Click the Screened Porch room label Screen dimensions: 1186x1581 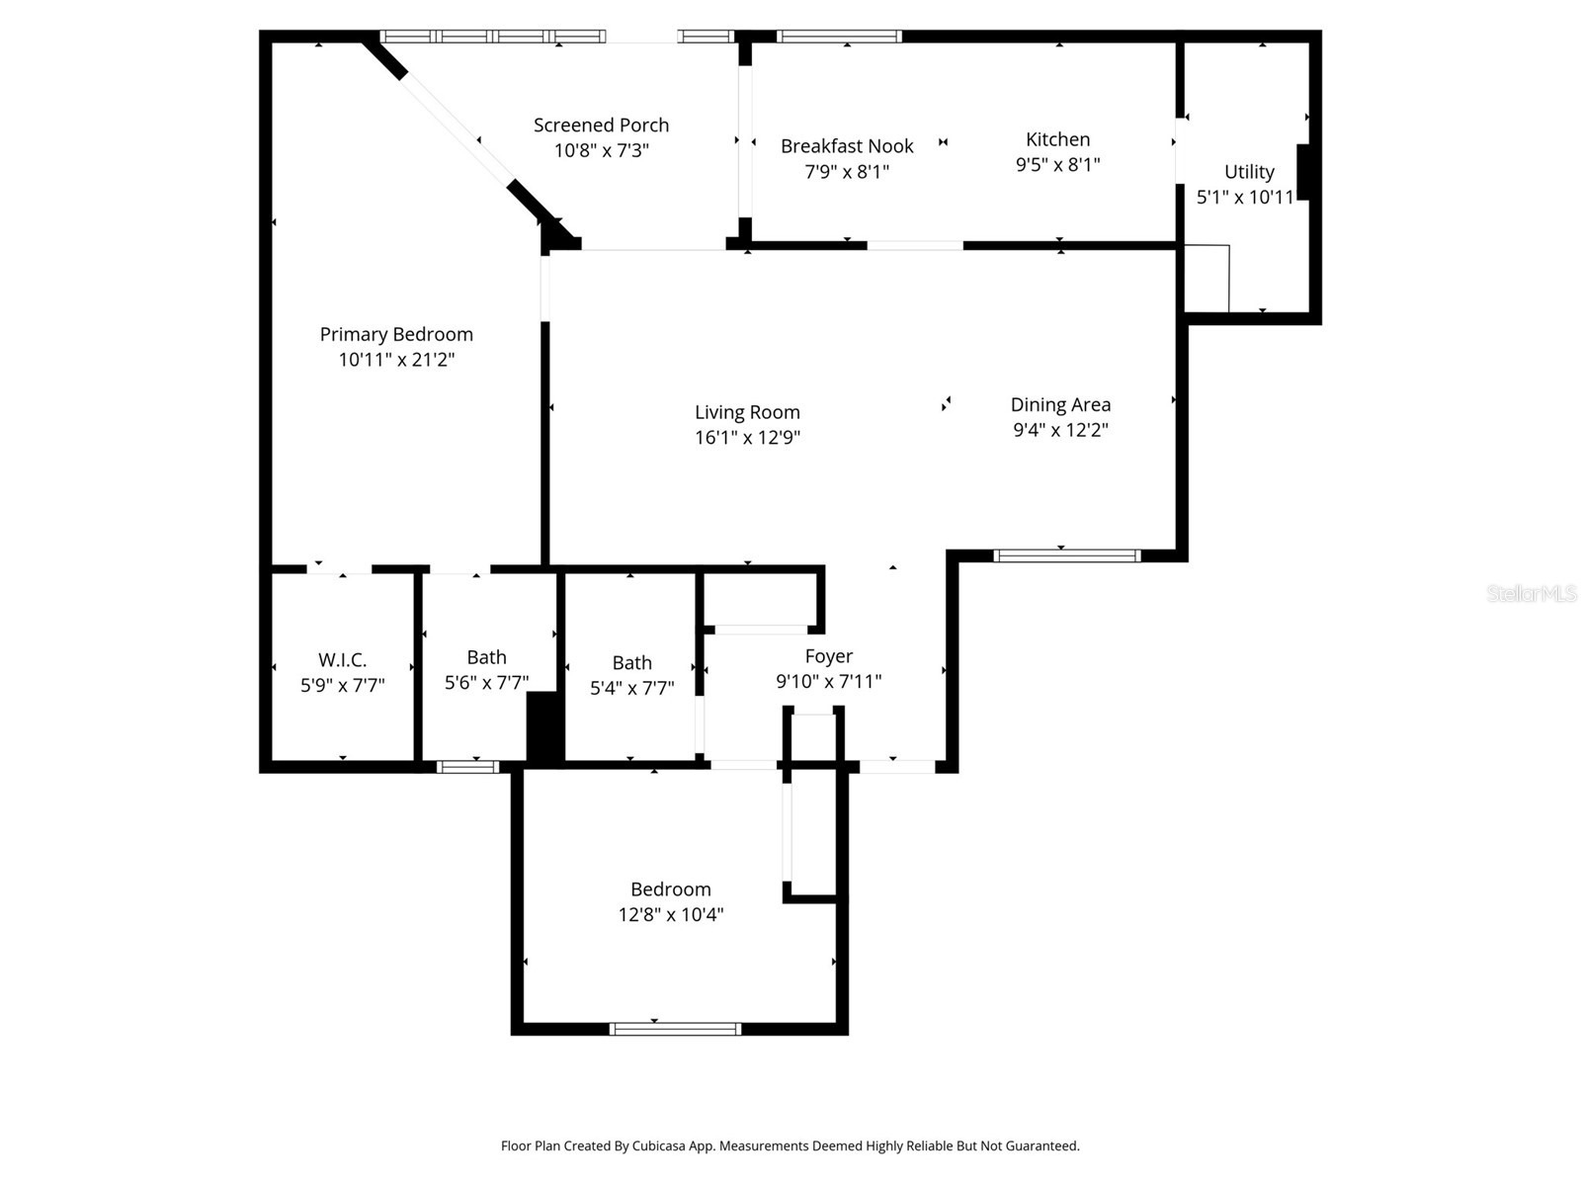pyautogui.click(x=601, y=126)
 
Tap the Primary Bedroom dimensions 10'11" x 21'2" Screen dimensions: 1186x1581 pyautogui.click(x=396, y=360)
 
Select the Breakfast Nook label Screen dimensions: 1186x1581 pyautogui.click(x=847, y=146)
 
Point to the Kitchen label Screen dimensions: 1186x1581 pyautogui.click(x=1057, y=139)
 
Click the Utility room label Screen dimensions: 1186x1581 pyautogui.click(x=1249, y=172)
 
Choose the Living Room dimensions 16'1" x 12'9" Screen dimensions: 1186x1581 pyautogui.click(x=747, y=438)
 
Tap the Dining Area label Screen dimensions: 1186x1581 pyautogui.click(x=1060, y=404)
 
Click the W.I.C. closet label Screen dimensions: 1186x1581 pyautogui.click(x=342, y=660)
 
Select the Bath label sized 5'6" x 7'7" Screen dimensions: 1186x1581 pyautogui.click(x=486, y=657)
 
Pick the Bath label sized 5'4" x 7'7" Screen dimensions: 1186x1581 pyautogui.click(x=631, y=663)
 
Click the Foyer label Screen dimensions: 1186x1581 pyautogui.click(x=828, y=656)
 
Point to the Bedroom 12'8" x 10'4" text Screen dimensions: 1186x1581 pyautogui.click(x=671, y=914)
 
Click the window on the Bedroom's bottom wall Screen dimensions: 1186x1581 pyautogui.click(x=675, y=1029)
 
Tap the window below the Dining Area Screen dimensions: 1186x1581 pyautogui.click(x=1066, y=555)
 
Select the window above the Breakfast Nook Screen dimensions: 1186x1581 pyautogui.click(x=839, y=37)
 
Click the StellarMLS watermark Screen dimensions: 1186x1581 pyautogui.click(x=1531, y=594)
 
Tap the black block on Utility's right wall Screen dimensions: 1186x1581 pyautogui.click(x=1302, y=172)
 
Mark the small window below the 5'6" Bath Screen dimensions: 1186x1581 pyautogui.click(x=467, y=766)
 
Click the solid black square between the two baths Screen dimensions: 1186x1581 pyautogui.click(x=543, y=726)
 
